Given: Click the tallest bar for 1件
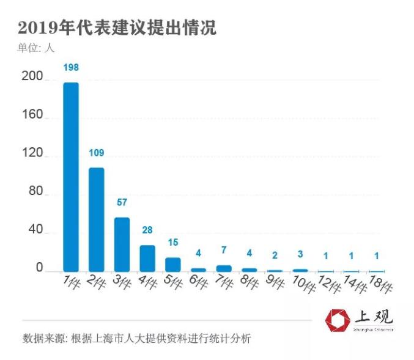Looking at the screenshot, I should [x=71, y=177].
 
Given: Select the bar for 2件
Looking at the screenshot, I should [x=97, y=219].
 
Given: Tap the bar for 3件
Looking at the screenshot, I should [x=122, y=244].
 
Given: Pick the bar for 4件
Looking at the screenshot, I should [x=147, y=259].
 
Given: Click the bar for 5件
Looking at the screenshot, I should [x=173, y=265].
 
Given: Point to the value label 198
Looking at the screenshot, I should [x=71, y=67].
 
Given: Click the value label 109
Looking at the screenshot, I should [x=97, y=153].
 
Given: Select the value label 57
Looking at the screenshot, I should [x=122, y=203].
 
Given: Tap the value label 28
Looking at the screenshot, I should [x=147, y=230].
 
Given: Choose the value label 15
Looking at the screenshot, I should [x=173, y=243].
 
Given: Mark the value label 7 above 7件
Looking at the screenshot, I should [x=224, y=251].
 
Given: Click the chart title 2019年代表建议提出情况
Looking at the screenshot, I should [x=117, y=28].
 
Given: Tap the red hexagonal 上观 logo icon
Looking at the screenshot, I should [x=338, y=320].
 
